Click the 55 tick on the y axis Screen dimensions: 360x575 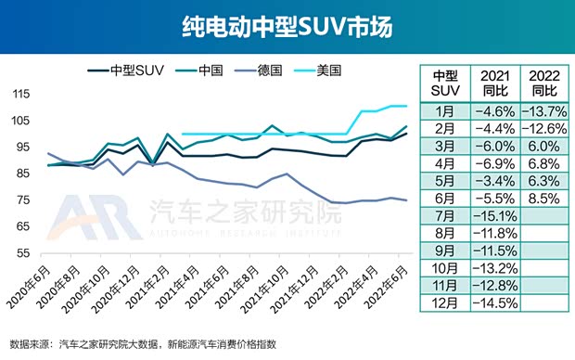[x=23, y=253]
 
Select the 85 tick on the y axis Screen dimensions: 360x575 [x=23, y=174]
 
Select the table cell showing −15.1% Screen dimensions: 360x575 [x=492, y=214]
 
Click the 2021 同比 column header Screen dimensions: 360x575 [x=492, y=83]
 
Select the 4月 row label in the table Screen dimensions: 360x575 [x=442, y=162]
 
